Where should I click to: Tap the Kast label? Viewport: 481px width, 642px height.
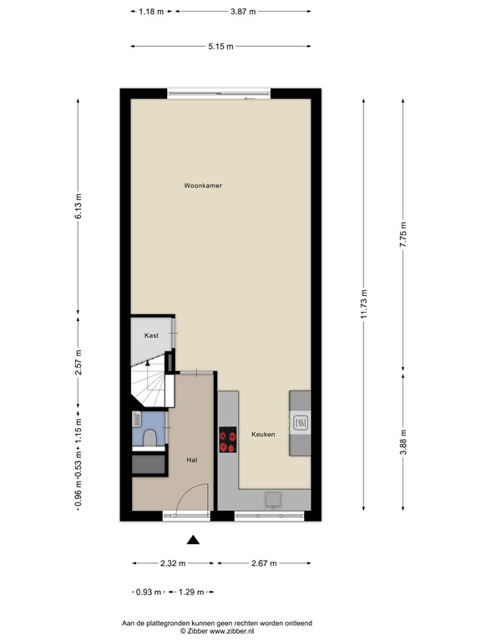(x=151, y=335)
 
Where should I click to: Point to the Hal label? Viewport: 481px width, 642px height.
(x=191, y=460)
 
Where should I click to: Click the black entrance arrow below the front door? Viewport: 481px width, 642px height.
(x=193, y=540)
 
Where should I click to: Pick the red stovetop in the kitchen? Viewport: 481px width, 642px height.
(x=227, y=440)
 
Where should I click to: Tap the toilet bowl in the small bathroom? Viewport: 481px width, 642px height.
(x=149, y=438)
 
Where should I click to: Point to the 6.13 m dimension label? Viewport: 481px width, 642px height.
(x=78, y=207)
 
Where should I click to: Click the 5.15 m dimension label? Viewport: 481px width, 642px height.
(x=221, y=46)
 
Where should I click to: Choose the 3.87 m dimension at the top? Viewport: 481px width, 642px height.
(x=242, y=12)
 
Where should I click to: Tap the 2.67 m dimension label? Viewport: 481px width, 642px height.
(x=264, y=563)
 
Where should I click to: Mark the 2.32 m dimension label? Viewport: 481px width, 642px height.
(x=174, y=563)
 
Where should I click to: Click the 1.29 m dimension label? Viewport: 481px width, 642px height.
(x=190, y=593)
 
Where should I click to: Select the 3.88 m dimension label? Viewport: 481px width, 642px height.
(x=403, y=441)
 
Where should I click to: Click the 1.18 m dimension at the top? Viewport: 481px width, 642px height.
(x=151, y=12)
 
